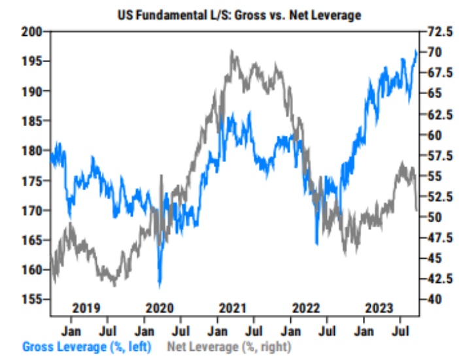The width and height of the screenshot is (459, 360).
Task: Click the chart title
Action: click(239, 14)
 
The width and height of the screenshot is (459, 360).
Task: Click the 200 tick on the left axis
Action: click(32, 31)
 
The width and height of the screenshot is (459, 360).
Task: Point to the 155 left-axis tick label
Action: click(32, 299)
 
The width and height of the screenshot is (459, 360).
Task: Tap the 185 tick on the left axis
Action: click(32, 121)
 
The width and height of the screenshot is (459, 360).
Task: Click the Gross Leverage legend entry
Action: click(91, 346)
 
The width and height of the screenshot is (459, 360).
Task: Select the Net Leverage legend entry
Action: click(229, 346)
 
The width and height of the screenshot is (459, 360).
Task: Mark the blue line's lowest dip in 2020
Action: click(160, 286)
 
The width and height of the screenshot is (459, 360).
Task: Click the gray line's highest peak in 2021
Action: click(232, 51)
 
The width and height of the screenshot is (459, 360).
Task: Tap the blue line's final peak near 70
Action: click(416, 51)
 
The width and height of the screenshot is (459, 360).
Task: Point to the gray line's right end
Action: click(417, 210)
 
